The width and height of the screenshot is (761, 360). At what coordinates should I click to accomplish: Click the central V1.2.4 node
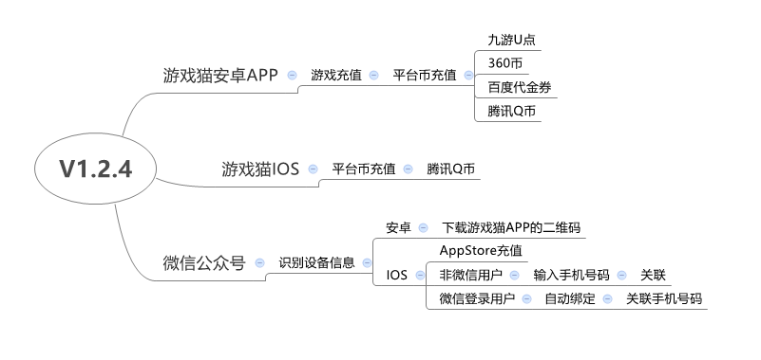[x=95, y=169]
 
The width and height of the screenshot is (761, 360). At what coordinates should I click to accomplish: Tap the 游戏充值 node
[x=335, y=75]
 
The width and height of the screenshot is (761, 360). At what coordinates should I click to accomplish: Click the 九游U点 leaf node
[x=510, y=41]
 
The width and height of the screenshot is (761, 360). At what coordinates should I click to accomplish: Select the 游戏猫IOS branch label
[x=261, y=169]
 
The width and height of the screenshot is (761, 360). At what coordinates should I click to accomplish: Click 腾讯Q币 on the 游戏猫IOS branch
[x=451, y=169]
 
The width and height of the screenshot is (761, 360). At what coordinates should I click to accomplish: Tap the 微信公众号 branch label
[x=203, y=263]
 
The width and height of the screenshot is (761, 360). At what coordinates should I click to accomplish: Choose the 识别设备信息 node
[x=316, y=263]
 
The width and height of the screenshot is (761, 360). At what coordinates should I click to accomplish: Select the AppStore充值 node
[x=481, y=250]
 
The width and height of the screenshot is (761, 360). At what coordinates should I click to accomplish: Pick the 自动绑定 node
[x=569, y=298]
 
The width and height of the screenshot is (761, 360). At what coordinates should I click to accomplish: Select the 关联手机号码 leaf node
[x=663, y=298]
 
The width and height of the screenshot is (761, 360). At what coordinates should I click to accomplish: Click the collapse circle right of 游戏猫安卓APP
[x=292, y=75]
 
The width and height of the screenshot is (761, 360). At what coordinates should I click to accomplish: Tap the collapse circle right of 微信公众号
[x=260, y=263]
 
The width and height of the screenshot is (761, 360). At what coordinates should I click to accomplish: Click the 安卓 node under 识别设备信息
[x=398, y=227]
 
